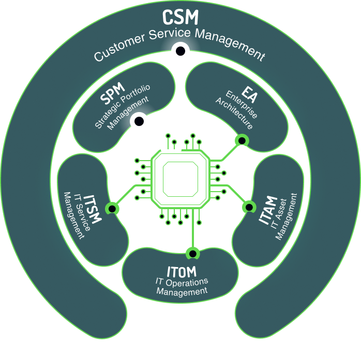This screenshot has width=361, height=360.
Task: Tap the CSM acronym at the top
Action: (180, 17)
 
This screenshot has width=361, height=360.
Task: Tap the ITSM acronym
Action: (94, 207)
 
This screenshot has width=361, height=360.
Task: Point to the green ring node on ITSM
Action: (111, 208)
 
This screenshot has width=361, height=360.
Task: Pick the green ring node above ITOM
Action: (192, 253)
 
